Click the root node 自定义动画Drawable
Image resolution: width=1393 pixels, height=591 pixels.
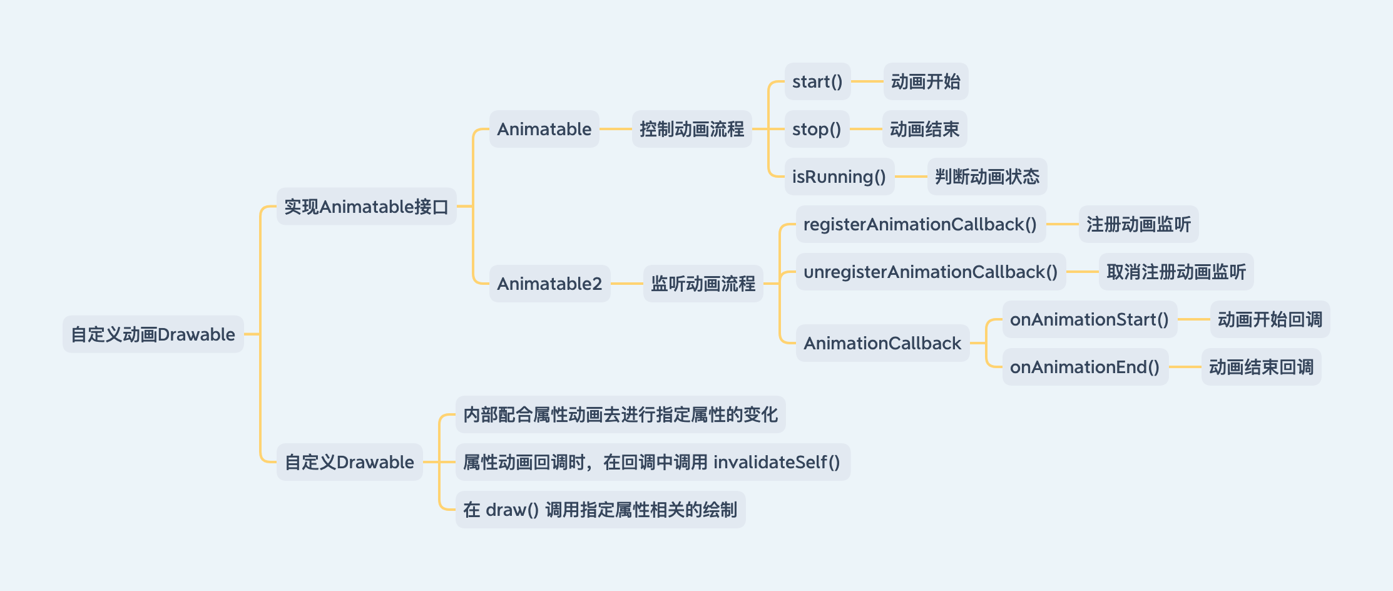[153, 334]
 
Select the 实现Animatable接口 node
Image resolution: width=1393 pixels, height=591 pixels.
[366, 207]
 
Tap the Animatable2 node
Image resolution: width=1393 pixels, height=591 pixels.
[549, 284]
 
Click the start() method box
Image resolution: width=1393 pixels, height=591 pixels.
[817, 81]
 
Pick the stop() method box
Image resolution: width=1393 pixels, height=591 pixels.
[817, 129]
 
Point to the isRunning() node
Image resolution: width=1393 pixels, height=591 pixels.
[839, 177]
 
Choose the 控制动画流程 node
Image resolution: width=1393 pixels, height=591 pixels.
[691, 129]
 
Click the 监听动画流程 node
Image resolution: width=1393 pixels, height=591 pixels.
[703, 284]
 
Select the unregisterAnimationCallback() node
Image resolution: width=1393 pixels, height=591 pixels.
[930, 272]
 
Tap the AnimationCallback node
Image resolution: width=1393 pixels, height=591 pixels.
[882, 343]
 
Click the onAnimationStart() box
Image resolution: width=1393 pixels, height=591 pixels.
[1089, 319]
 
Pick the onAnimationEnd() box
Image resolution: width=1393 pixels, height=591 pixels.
[1084, 367]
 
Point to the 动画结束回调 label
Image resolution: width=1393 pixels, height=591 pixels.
[1261, 367]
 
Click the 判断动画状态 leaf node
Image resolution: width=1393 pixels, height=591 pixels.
[987, 177]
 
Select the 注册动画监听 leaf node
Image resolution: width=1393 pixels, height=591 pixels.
[1138, 224]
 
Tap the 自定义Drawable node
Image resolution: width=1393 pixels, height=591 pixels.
[349, 462]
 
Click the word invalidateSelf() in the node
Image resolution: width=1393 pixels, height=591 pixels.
[777, 462]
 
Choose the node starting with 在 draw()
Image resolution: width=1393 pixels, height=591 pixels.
[600, 510]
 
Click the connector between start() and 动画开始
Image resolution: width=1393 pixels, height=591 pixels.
[867, 81]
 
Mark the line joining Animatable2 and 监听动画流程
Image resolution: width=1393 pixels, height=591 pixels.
[626, 284]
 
